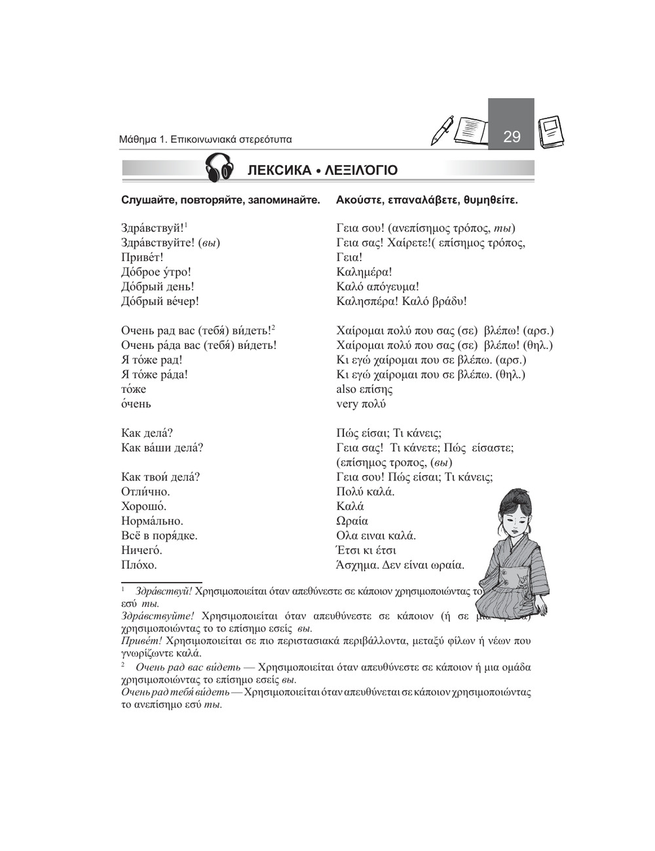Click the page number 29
pyautogui.click(x=512, y=137)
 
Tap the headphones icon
pyautogui.click(x=220, y=170)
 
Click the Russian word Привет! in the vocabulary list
pyautogui.click(x=142, y=257)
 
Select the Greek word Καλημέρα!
pyautogui.click(x=364, y=272)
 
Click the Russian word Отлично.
pyautogui.click(x=145, y=492)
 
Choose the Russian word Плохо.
pyautogui.click(x=139, y=564)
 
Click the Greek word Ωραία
pyautogui.click(x=352, y=521)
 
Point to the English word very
pyautogui.click(x=347, y=404)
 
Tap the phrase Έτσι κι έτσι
pyautogui.click(x=366, y=550)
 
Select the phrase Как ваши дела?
pyautogui.click(x=162, y=448)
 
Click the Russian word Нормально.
pyautogui.click(x=152, y=521)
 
